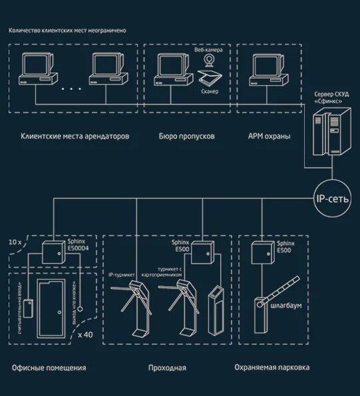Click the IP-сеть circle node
click(x=330, y=196)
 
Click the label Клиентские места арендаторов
click(x=75, y=136)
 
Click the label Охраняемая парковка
click(x=271, y=367)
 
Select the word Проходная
click(x=167, y=367)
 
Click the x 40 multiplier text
click(x=85, y=335)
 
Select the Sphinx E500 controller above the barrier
click(x=261, y=254)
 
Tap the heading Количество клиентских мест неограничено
click(x=67, y=31)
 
